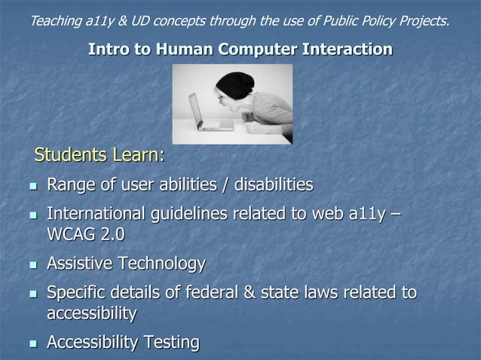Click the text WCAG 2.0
click(x=85, y=235)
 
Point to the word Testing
click(x=172, y=343)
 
